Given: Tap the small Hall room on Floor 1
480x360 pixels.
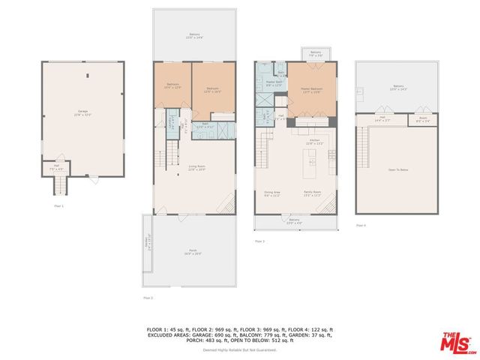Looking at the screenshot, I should click(x=55, y=170).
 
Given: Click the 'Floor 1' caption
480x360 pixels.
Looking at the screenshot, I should click(x=58, y=205).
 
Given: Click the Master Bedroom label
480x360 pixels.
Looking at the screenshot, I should click(x=310, y=90).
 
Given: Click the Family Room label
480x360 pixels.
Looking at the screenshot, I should click(x=313, y=193).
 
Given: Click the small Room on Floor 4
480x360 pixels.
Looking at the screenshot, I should click(x=423, y=119).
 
